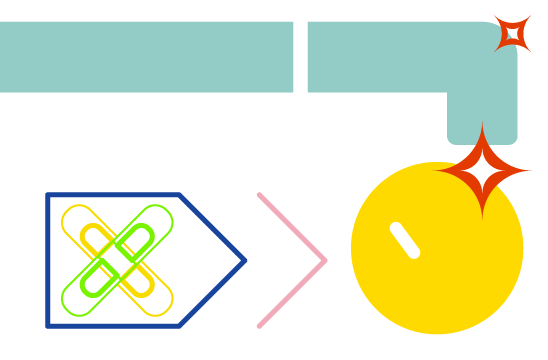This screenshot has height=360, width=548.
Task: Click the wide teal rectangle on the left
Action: click(x=146, y=57)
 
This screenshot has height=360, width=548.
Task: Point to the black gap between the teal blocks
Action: click(x=300, y=57)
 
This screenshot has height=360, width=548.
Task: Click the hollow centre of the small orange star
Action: click(x=512, y=34)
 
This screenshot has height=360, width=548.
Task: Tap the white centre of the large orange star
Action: click(x=482, y=172)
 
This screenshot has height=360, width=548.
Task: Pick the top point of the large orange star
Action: click(x=482, y=126)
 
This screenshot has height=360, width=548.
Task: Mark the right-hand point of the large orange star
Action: click(x=529, y=171)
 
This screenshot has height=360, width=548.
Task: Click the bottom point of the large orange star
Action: click(x=482, y=216)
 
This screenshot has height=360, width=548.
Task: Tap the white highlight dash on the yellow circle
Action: click(x=405, y=240)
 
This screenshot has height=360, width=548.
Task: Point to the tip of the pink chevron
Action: click(x=325, y=261)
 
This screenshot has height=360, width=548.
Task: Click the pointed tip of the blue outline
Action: click(x=244, y=261)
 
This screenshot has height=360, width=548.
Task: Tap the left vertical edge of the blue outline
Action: click(x=48, y=260)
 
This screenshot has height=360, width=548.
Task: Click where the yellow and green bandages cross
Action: click(x=117, y=260)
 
